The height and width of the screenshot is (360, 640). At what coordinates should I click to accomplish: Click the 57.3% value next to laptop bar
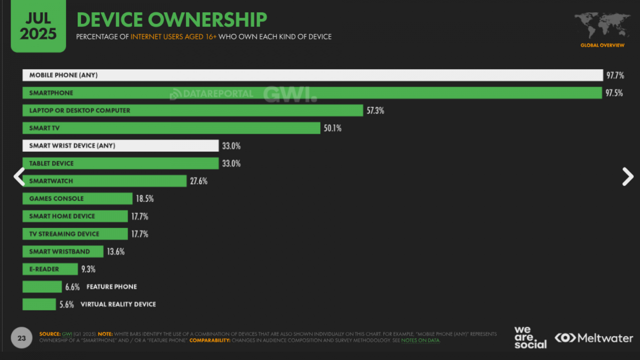pos(375,111)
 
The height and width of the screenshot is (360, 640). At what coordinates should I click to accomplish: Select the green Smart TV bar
pos(171,128)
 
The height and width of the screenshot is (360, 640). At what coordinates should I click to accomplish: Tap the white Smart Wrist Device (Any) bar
pos(120,146)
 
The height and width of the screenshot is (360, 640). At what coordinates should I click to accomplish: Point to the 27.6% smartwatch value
pos(198,181)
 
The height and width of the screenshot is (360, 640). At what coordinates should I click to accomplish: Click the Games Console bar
pos(77,199)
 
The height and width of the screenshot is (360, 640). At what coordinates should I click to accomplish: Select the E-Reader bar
pos(50,269)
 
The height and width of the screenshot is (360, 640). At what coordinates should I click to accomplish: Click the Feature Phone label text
pos(112,287)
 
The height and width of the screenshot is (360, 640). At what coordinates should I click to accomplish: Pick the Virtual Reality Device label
pos(118,304)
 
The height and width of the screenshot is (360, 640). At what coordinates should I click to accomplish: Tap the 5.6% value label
pos(66,305)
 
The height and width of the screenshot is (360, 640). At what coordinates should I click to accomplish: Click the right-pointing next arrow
pos(627,176)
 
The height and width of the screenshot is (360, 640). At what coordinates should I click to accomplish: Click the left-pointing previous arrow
pos(19,176)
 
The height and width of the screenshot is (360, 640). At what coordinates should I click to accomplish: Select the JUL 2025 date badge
pos(38,26)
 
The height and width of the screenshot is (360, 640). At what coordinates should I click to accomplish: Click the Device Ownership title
pos(172,20)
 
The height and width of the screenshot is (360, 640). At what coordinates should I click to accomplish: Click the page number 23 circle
pos(22,338)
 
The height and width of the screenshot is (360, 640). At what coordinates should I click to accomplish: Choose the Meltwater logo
pos(594,338)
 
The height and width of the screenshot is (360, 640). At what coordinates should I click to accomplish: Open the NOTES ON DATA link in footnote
pos(420,340)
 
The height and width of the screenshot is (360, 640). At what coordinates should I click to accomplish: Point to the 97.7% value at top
pos(615,75)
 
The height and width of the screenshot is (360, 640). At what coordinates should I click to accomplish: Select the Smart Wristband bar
pos(63,252)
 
